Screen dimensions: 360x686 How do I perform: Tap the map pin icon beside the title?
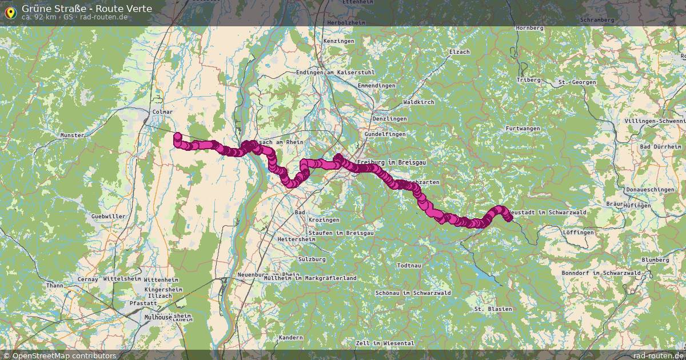coord(10,11)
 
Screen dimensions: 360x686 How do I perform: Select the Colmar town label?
coord(163,112)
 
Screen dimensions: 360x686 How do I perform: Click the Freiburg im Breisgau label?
coord(392,163)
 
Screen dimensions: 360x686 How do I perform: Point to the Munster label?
coord(72,135)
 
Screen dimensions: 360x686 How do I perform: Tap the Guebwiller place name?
coord(108,217)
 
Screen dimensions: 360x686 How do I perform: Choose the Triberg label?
coord(528,80)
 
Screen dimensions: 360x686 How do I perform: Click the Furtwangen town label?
coord(523,129)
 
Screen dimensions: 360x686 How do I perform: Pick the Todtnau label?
coord(409,266)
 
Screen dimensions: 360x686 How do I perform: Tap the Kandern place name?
coord(291,338)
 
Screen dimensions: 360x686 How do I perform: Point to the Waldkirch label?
coord(418,102)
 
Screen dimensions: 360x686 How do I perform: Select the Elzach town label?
coord(460,52)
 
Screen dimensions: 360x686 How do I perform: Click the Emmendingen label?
coord(376,86)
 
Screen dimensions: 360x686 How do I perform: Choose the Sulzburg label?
coord(312,259)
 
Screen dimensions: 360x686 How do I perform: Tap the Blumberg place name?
coord(655,260)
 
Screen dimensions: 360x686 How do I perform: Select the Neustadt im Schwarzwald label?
coord(547,212)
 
